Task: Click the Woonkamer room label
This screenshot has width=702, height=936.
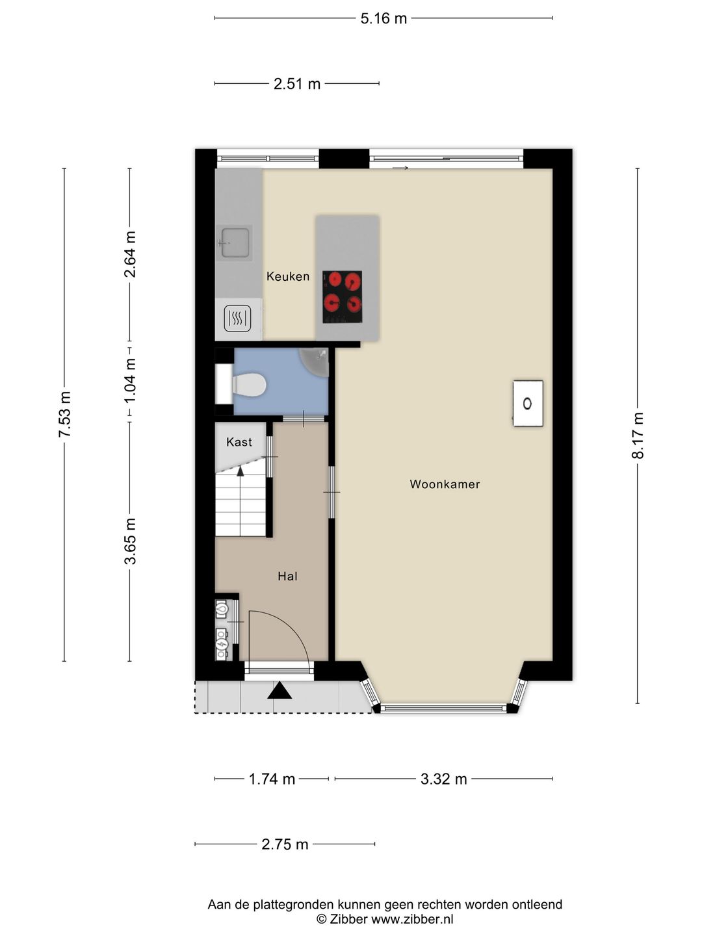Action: point(445,484)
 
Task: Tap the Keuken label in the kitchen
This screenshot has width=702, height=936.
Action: point(288,277)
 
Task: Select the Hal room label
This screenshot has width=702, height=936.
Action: point(287,577)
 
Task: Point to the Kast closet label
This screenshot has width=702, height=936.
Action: point(239,442)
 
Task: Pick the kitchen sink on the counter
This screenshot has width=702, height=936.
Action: point(235,243)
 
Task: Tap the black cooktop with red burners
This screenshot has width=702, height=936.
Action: point(343,297)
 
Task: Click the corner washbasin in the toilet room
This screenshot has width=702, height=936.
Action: point(316,363)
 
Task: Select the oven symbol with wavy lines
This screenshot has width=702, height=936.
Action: point(237,318)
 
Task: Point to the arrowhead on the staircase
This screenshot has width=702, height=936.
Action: point(240,471)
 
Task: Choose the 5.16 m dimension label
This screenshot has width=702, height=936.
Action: point(383,19)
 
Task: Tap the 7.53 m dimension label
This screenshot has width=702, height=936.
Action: point(65,415)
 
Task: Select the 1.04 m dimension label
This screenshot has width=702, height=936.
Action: point(130,380)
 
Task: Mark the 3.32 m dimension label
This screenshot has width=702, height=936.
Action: point(444,779)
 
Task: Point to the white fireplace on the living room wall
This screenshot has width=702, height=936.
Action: point(528,404)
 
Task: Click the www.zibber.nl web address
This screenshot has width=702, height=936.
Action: point(412,919)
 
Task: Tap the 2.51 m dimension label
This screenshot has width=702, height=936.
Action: point(296,84)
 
